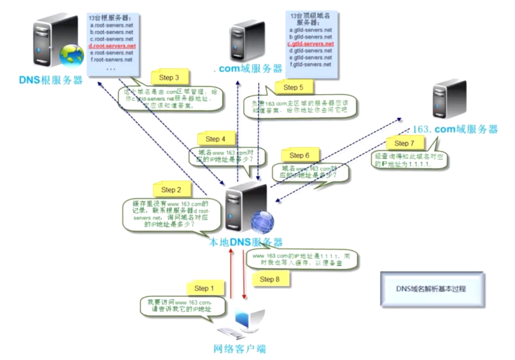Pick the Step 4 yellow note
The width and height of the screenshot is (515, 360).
pyautogui.click(x=216, y=139)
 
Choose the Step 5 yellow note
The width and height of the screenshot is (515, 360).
pyautogui.click(x=293, y=87)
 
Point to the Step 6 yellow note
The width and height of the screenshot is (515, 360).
pyautogui.click(x=299, y=155)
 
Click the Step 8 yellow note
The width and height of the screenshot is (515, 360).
pyautogui.click(x=270, y=279)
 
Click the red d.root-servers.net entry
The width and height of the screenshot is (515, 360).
pyautogui.click(x=113, y=46)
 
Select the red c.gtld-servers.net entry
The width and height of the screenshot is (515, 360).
pyautogui.click(x=311, y=44)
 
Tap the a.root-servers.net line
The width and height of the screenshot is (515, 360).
pyautogui.click(x=112, y=26)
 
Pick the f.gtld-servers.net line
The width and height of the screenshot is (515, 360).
pyautogui.click(x=311, y=65)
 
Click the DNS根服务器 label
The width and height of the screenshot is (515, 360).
pyautogui.click(x=51, y=80)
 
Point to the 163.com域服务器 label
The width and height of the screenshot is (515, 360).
pyautogui.click(x=454, y=129)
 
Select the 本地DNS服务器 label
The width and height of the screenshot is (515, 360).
pyautogui.click(x=245, y=242)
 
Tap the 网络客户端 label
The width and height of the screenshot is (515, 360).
pyautogui.click(x=240, y=349)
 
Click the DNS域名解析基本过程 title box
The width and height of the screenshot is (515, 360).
pyautogui.click(x=432, y=289)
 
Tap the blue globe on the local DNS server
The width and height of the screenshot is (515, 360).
pyautogui.click(x=262, y=221)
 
